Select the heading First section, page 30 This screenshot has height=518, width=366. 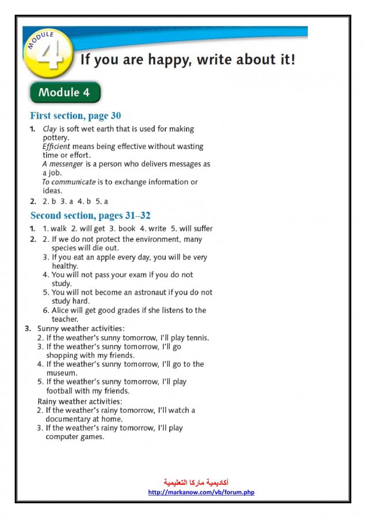click(x=75, y=116)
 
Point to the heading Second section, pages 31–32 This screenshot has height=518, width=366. click(x=90, y=216)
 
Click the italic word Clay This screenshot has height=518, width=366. click(x=49, y=129)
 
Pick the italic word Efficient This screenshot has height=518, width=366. click(x=56, y=147)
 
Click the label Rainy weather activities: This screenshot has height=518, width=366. click(x=80, y=401)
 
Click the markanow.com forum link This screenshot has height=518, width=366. click(x=201, y=493)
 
